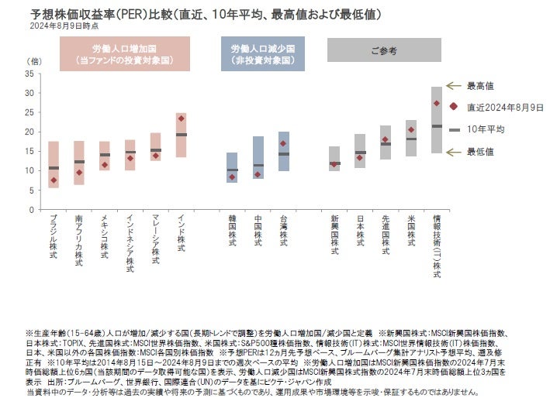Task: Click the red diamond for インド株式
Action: [181, 118]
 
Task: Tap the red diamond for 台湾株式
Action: [284, 143]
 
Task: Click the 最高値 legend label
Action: [481, 86]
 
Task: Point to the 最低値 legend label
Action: [481, 151]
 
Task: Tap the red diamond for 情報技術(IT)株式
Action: [436, 103]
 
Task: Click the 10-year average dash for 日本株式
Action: [360, 153]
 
